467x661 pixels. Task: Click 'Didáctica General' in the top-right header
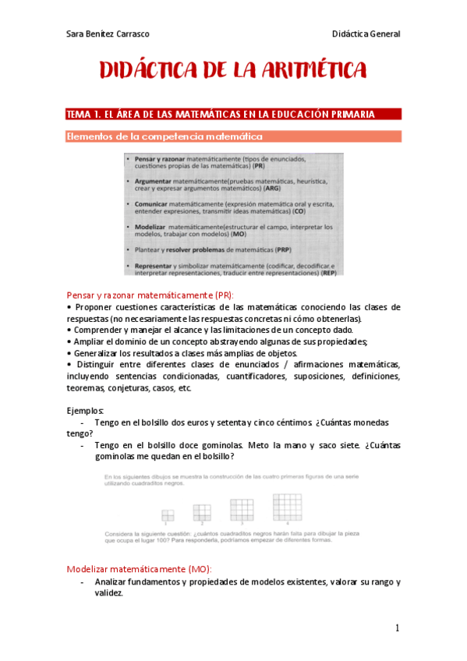point(366,34)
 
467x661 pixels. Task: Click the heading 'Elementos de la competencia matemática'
point(164,136)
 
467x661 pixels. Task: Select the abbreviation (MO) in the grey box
point(239,233)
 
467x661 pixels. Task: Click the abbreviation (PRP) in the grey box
point(283,249)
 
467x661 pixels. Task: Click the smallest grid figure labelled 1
point(167,514)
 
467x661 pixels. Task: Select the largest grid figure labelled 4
point(287,507)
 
